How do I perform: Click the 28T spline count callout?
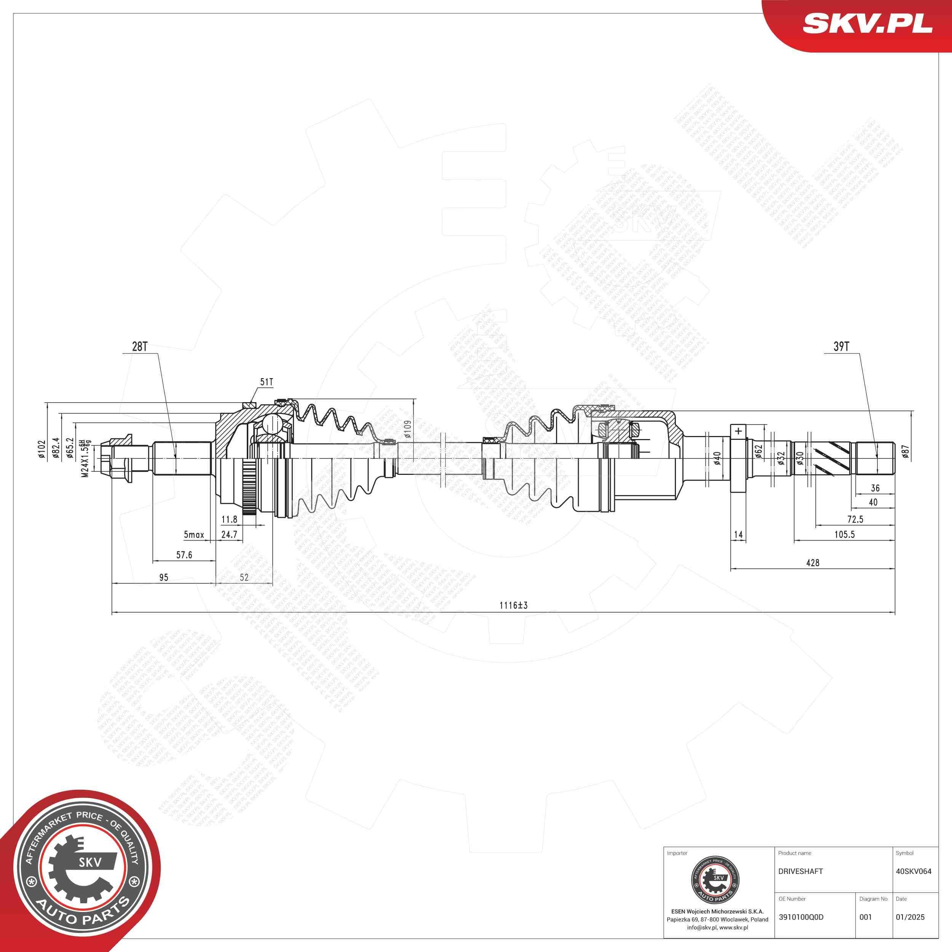[139, 347]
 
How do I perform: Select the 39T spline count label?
[841, 347]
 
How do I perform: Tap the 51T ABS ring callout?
[266, 382]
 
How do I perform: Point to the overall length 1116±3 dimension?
[513, 605]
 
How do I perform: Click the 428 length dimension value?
[813, 562]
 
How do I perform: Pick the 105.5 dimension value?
[844, 534]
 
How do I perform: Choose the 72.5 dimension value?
[855, 519]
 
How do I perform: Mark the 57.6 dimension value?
[184, 555]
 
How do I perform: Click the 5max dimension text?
[194, 535]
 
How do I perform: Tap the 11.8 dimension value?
[229, 519]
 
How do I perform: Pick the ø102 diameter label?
[42, 449]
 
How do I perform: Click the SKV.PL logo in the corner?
[867, 24]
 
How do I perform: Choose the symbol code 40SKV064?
[914, 871]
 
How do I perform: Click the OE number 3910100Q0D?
[801, 917]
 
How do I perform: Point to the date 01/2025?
[910, 917]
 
